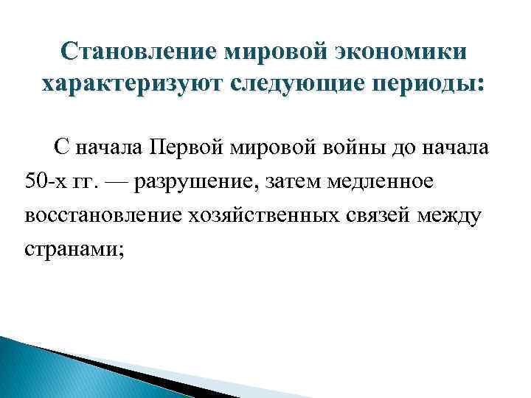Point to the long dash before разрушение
pyautogui.click(x=124, y=181)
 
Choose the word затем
pyautogui.click(x=291, y=181)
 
